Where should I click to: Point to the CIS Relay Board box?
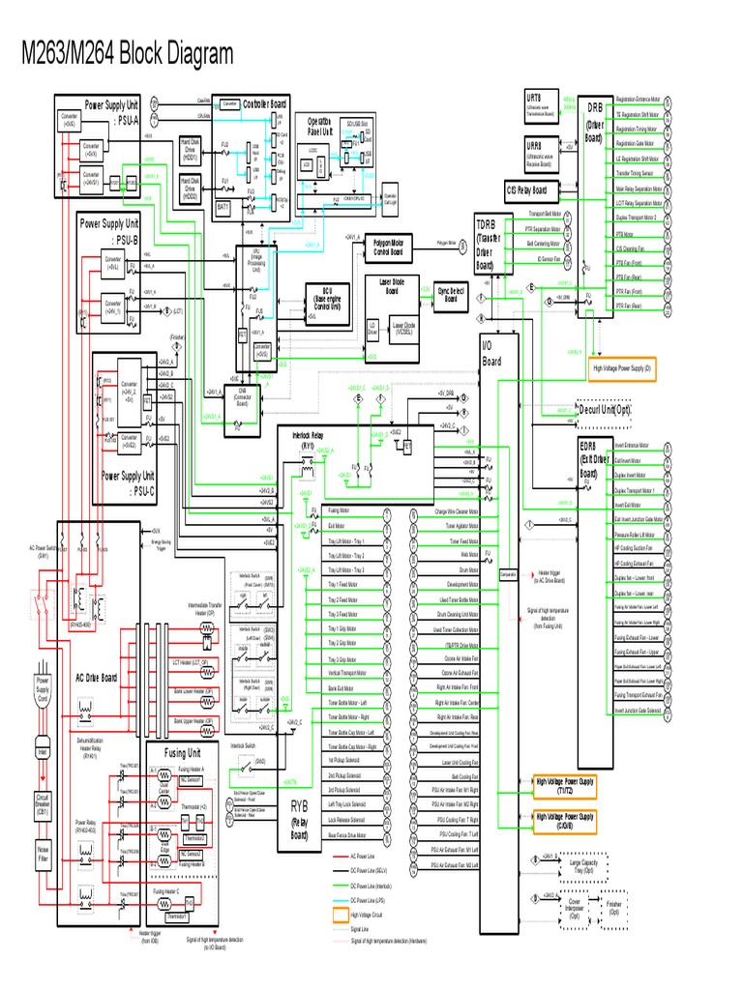(x=526, y=189)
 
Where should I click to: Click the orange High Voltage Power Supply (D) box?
(x=623, y=368)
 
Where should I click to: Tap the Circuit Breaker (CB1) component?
(x=42, y=804)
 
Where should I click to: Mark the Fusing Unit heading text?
(x=181, y=752)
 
